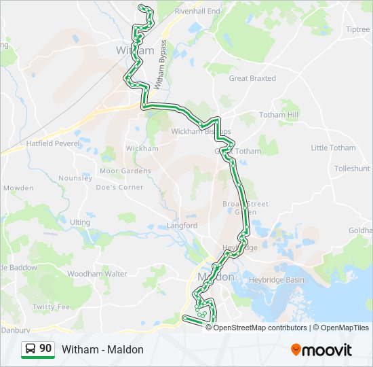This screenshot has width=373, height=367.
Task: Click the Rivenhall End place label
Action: click(x=197, y=12)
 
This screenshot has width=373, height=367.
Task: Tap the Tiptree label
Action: click(x=357, y=29)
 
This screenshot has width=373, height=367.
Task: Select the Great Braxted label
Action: click(x=252, y=78)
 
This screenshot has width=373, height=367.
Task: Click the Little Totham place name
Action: click(x=333, y=147)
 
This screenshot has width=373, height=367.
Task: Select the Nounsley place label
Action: click(x=75, y=178)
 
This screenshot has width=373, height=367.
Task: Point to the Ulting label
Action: click(x=79, y=222)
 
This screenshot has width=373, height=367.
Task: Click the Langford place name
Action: click(x=182, y=226)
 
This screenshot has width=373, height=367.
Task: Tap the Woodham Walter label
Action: click(x=97, y=274)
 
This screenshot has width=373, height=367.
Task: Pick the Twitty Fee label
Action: click(x=51, y=307)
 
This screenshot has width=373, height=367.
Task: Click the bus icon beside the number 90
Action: click(x=31, y=349)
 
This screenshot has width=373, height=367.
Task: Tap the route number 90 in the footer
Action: click(x=45, y=349)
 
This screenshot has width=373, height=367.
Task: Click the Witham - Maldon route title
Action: click(x=102, y=349)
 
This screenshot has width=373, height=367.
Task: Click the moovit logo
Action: click(x=321, y=350)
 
